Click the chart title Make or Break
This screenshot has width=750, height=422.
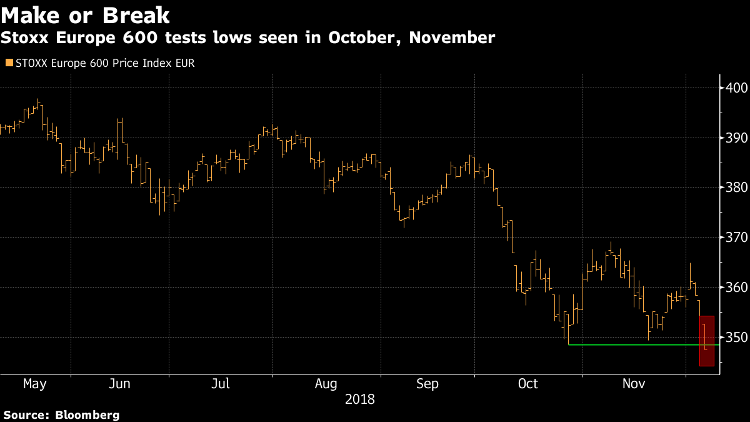click(86, 14)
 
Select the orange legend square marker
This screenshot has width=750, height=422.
click(8, 63)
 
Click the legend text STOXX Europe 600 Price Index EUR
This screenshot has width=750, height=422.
click(105, 63)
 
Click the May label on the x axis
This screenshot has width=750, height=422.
click(34, 384)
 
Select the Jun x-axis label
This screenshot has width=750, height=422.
click(119, 384)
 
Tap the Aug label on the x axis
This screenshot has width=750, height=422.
click(326, 384)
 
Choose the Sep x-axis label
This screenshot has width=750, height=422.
click(428, 384)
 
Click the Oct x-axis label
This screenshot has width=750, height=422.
click(528, 384)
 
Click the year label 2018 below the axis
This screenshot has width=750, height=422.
click(360, 399)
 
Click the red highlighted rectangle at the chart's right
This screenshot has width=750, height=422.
click(706, 341)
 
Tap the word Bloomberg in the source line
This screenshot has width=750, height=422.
click(87, 414)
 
